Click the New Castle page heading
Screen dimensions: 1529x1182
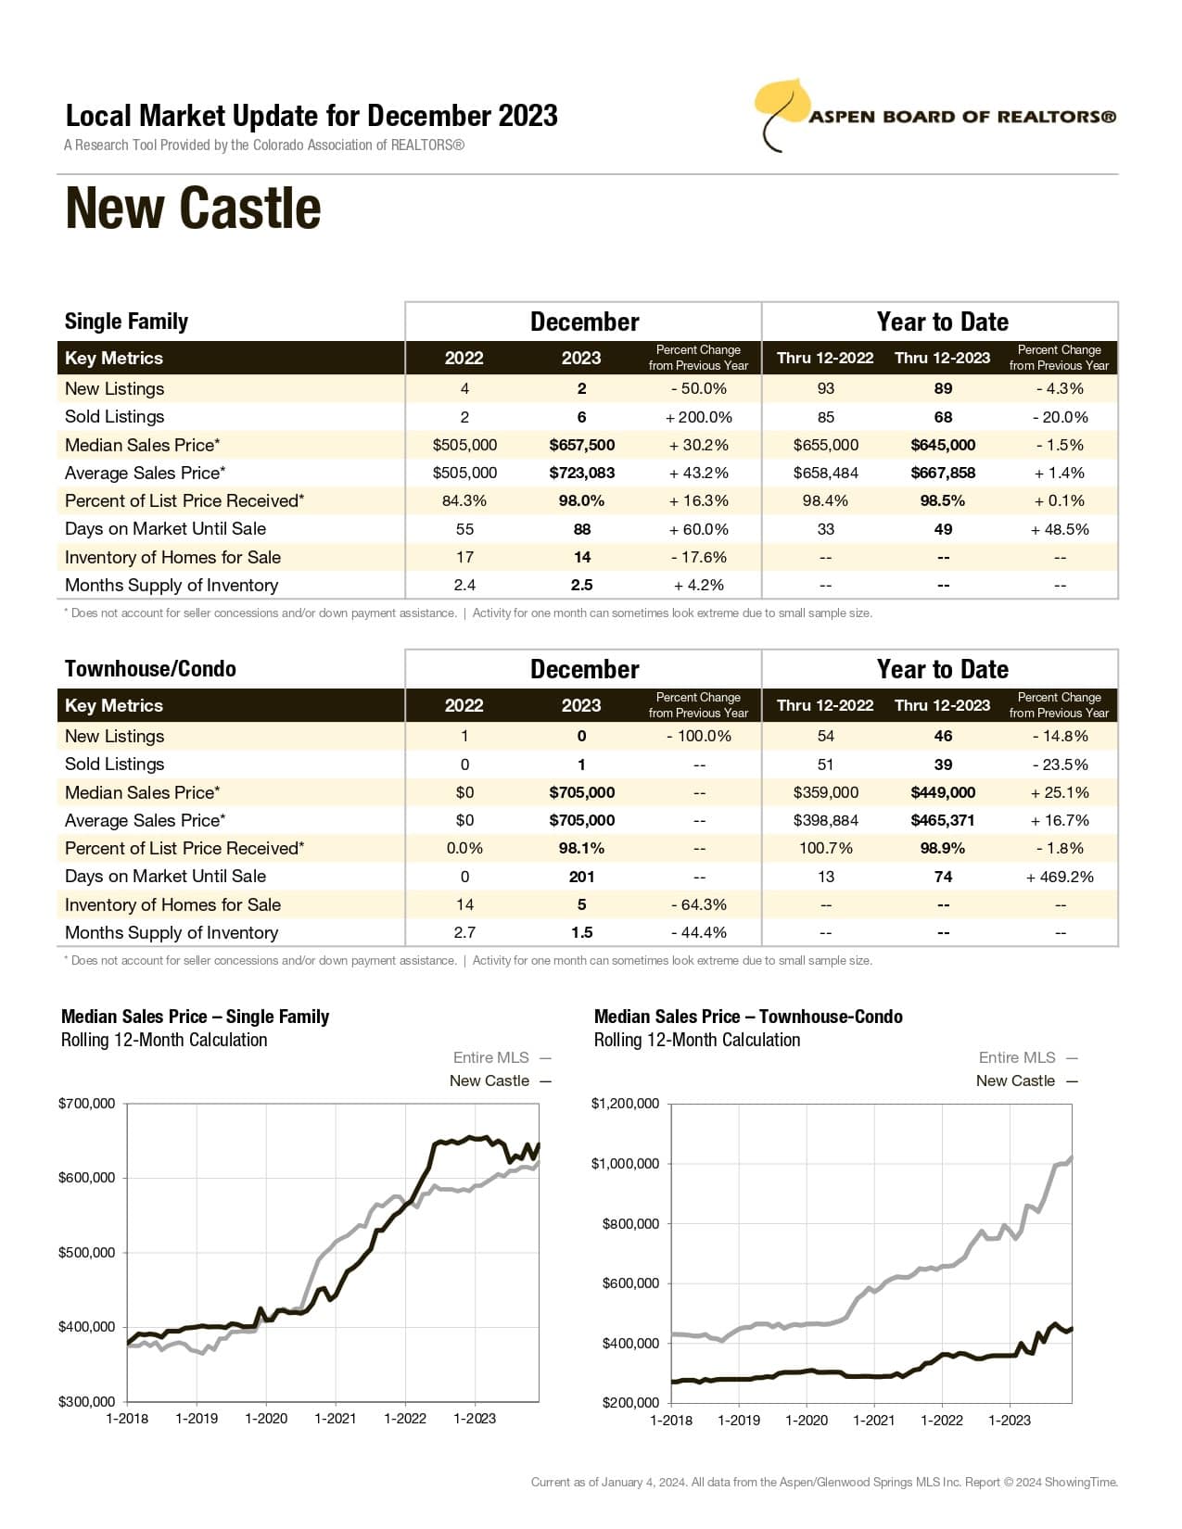tap(193, 208)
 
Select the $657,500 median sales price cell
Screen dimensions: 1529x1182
tap(581, 445)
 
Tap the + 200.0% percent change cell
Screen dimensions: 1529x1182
tap(698, 417)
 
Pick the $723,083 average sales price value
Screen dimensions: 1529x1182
tap(581, 473)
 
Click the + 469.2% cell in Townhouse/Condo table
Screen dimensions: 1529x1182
tap(1060, 877)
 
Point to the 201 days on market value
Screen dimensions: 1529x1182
tap(581, 877)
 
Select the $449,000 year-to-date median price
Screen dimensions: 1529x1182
tap(943, 792)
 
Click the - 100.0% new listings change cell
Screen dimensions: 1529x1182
tap(698, 736)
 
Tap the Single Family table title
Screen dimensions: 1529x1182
tap(126, 322)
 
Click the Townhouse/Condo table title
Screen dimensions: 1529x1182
tap(150, 669)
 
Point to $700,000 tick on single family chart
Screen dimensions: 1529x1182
tap(87, 1104)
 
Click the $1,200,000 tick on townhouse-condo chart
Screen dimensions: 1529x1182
tap(626, 1104)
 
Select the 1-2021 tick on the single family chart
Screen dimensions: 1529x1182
tap(336, 1419)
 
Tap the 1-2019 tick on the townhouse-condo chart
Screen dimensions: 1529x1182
tap(739, 1421)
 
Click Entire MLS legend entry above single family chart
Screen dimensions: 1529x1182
tap(491, 1057)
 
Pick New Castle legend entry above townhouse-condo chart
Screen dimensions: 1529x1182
tap(1016, 1080)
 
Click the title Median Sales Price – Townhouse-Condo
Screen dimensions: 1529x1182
tap(748, 1017)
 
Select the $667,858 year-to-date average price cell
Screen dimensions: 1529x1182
tap(943, 473)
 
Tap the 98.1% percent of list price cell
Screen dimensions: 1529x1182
tap(581, 848)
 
